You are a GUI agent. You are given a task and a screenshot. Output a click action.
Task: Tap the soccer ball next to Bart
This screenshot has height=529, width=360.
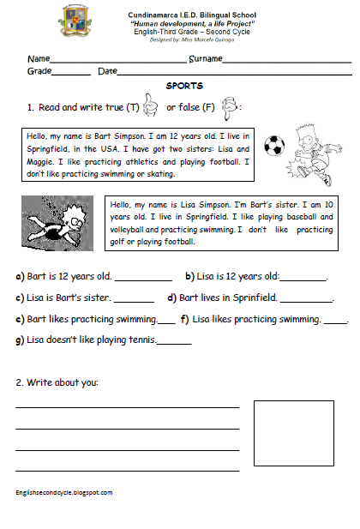(x=273, y=147)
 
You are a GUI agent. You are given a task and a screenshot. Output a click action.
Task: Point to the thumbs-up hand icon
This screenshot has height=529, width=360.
(x=152, y=107)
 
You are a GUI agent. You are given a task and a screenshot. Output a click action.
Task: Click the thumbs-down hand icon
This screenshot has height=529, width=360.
(x=228, y=107)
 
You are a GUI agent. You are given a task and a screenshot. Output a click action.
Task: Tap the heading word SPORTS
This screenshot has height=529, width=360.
(x=184, y=87)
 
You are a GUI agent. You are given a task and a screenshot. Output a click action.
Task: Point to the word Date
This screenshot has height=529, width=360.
(x=107, y=71)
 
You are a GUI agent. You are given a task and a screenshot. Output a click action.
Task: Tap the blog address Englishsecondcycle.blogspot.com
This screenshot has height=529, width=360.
(x=63, y=492)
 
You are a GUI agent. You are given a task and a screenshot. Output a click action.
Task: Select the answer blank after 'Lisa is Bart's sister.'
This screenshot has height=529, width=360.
(x=134, y=298)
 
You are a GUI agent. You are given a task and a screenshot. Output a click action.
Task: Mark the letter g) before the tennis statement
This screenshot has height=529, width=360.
(x=20, y=340)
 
